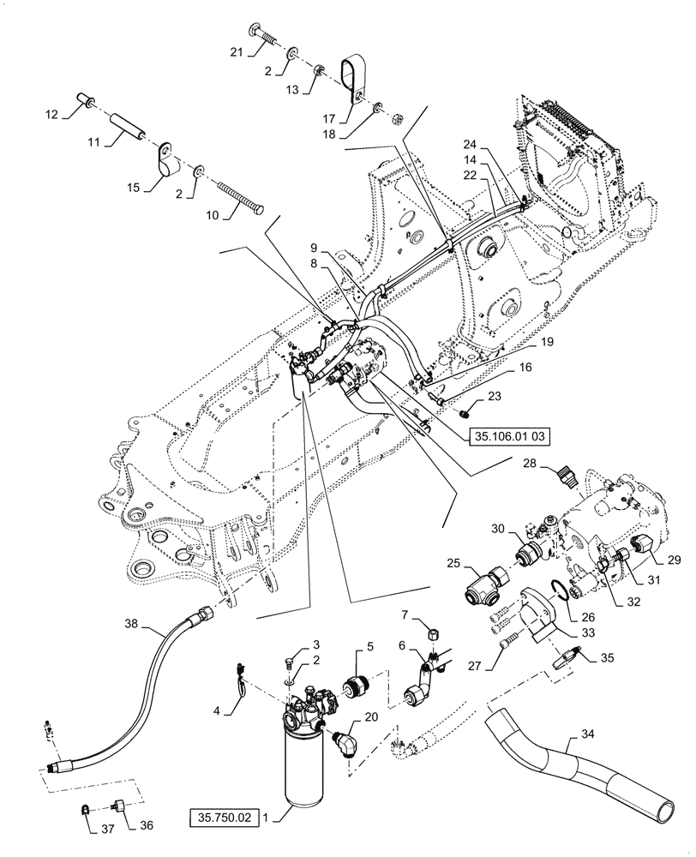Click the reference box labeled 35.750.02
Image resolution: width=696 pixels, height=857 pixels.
(222, 818)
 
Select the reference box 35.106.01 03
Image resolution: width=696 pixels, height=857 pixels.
(508, 435)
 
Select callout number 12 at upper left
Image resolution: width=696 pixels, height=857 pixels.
(51, 115)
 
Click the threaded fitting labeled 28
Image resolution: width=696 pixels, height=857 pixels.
(564, 474)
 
